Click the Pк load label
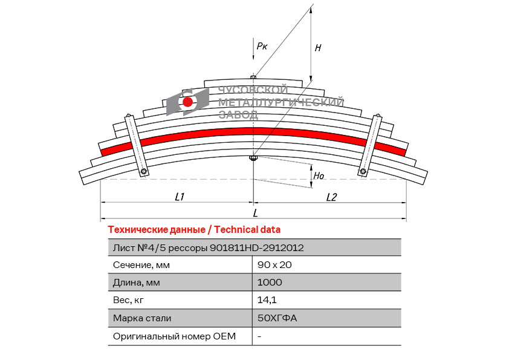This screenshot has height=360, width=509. [x=262, y=45]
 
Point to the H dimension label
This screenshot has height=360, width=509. [x=318, y=48]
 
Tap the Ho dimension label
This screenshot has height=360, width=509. [x=319, y=176]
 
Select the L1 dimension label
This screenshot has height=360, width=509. [x=179, y=197]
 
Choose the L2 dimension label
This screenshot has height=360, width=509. [x=331, y=197]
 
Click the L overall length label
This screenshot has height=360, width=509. [x=255, y=212]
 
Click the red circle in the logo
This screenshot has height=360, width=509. [x=188, y=102]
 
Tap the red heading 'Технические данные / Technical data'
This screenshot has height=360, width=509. [x=193, y=230]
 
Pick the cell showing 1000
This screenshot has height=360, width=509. [x=269, y=283]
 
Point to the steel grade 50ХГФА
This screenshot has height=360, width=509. [x=277, y=318]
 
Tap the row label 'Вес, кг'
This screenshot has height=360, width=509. [x=129, y=300]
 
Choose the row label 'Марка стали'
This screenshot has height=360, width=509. [x=142, y=318]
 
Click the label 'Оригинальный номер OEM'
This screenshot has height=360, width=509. [x=174, y=336]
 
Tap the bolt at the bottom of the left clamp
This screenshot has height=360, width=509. [x=144, y=172]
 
